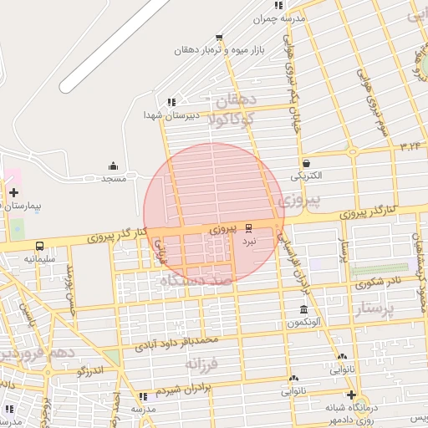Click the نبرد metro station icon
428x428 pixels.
click(248, 227)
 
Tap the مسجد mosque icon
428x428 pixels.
click(114, 166)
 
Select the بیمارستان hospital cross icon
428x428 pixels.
click(13, 192)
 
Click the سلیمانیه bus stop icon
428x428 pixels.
click(40, 246)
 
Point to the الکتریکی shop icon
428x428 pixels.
click(307, 163)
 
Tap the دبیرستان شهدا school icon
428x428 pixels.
click(171, 102)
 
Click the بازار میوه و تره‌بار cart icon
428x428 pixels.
click(219, 37)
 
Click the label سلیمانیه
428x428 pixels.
click(38, 259)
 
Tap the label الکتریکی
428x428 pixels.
click(305, 177)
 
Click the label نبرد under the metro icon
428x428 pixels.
click(248, 241)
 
